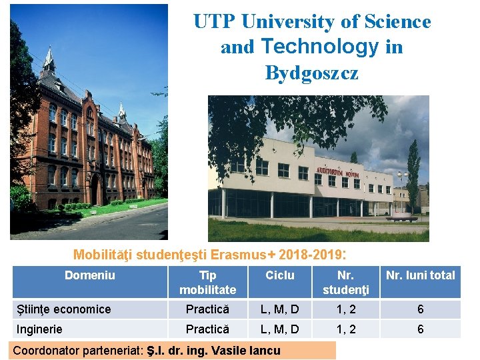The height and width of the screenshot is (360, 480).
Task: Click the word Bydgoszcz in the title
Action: [x=311, y=72]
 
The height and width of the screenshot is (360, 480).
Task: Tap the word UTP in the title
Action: [x=214, y=22]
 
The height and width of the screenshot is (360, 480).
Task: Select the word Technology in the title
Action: [x=311, y=47]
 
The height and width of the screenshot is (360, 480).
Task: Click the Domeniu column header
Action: [x=89, y=275]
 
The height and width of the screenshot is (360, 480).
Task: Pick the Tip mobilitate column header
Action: [x=207, y=282]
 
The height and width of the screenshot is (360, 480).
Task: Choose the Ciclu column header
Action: [x=279, y=275]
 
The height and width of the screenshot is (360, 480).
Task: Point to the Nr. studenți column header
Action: [x=345, y=282]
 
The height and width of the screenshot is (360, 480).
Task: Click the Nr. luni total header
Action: [x=420, y=275]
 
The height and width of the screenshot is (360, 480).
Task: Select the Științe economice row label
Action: [x=63, y=309]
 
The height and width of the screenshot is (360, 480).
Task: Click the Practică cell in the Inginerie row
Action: [x=207, y=329]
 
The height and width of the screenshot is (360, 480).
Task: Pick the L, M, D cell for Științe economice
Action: [x=279, y=309]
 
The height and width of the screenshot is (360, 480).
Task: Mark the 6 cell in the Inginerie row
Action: [x=420, y=329]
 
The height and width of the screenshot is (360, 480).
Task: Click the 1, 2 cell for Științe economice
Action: [x=345, y=309]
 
